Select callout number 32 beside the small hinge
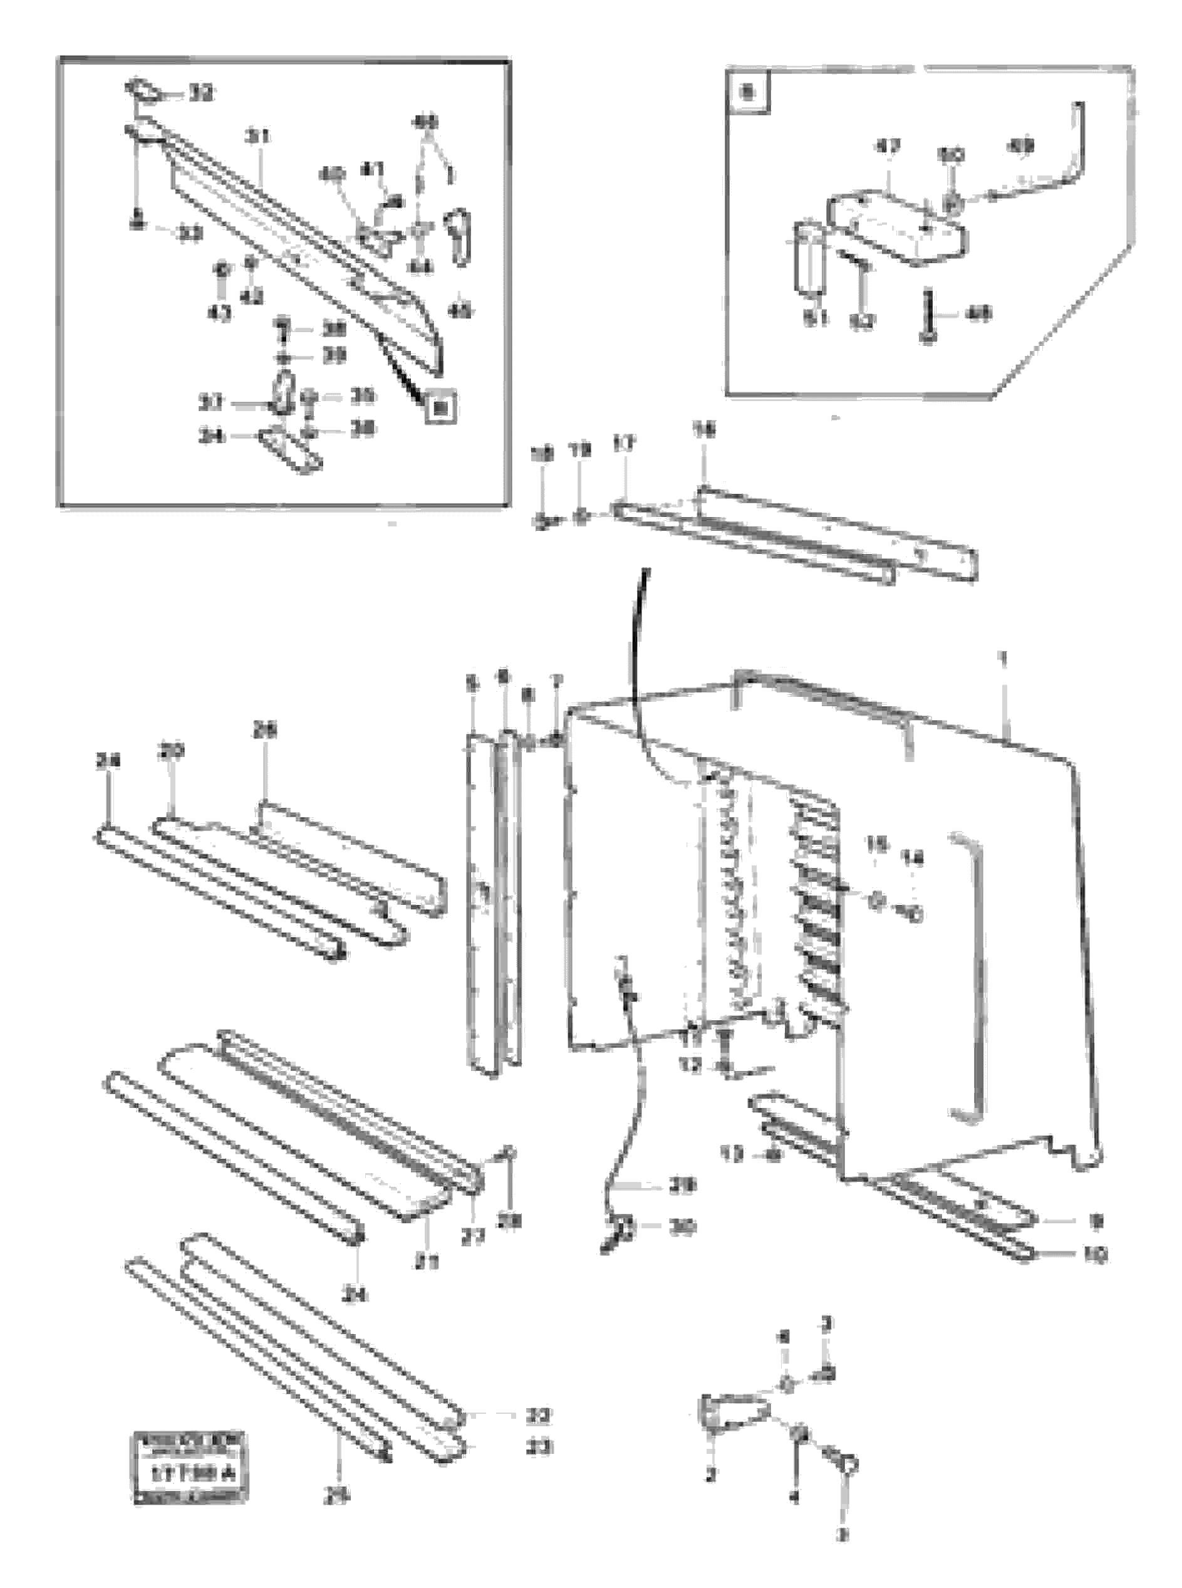[x=201, y=92]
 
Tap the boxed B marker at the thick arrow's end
[x=441, y=409]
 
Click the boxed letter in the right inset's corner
[x=748, y=92]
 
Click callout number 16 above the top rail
[x=703, y=429]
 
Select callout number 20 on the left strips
[x=172, y=751]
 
